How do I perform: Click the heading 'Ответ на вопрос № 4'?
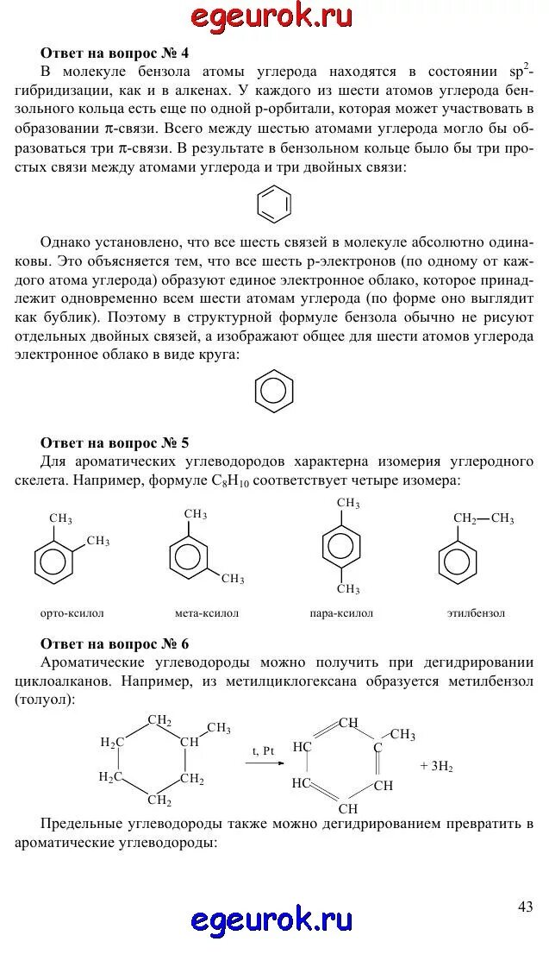[x=115, y=53]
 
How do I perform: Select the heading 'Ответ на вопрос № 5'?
[x=115, y=443]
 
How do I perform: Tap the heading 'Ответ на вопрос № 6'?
[x=115, y=644]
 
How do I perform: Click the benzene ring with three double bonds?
[x=274, y=204]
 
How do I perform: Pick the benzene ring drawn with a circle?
[x=274, y=391]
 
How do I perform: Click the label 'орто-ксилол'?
[x=72, y=613]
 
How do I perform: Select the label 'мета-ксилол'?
[x=206, y=613]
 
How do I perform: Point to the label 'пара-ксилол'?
[x=341, y=613]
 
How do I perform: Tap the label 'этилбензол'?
[x=477, y=613]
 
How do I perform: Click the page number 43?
[x=526, y=906]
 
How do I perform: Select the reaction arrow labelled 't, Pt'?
[x=263, y=763]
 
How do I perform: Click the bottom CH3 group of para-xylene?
[x=348, y=589]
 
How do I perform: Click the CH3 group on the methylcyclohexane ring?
[x=218, y=728]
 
